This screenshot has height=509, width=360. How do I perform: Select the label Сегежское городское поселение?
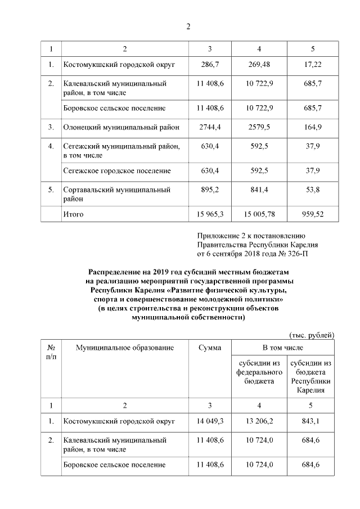[117, 170]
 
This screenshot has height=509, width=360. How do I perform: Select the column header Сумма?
[210, 348]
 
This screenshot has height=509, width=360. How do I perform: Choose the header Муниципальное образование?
[125, 348]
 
